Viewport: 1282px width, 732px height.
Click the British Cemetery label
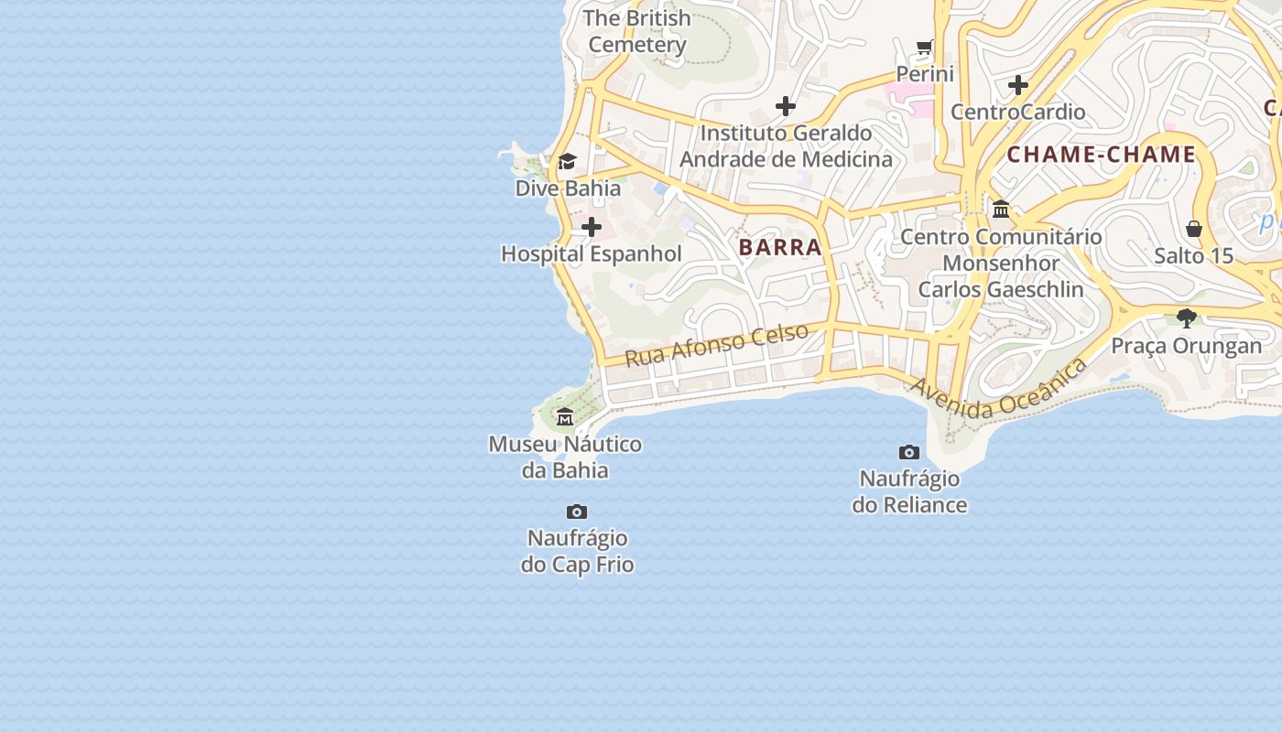point(636,31)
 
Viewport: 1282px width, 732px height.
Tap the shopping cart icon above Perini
point(925,48)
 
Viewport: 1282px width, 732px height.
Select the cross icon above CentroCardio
point(1017,86)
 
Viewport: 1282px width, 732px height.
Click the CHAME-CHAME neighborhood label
point(1102,155)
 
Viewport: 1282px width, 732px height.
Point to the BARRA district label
point(780,247)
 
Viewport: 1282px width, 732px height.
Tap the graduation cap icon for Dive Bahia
point(567,162)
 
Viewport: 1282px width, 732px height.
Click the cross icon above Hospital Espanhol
point(592,227)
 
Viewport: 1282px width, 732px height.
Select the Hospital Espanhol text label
point(592,254)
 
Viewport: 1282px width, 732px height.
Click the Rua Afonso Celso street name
point(716,344)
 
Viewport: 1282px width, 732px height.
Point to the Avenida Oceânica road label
point(998,389)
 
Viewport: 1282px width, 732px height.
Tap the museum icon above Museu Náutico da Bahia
point(565,417)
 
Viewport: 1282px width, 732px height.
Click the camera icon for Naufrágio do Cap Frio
point(577,511)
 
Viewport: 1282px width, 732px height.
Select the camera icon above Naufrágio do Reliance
point(909,452)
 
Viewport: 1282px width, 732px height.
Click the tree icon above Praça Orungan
point(1187,318)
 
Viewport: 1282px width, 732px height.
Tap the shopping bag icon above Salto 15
point(1194,228)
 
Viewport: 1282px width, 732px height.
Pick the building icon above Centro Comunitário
point(1000,209)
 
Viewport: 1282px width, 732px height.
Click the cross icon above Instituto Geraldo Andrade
point(785,106)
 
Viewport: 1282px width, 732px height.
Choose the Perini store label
point(925,74)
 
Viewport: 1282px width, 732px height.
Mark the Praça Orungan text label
point(1187,346)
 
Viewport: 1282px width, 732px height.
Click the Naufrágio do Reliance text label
point(909,492)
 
